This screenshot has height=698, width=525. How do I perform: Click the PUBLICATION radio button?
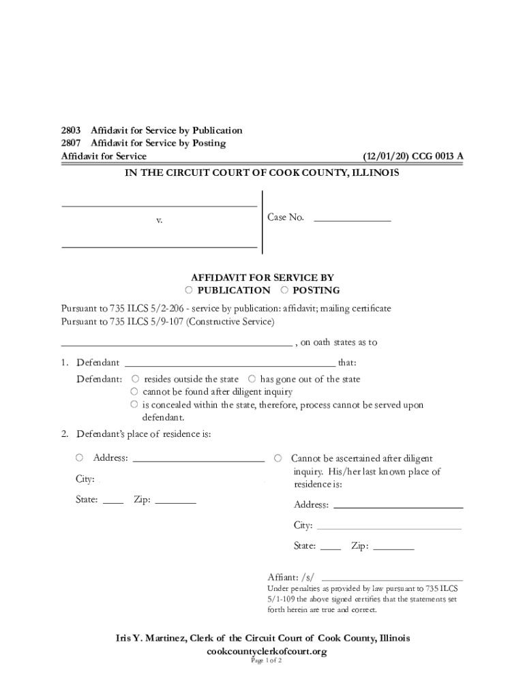tap(189, 290)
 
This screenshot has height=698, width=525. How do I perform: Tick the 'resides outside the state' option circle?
tap(135, 379)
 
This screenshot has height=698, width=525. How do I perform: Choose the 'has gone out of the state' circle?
tap(252, 379)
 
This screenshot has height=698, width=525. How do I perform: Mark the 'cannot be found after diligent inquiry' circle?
tap(135, 392)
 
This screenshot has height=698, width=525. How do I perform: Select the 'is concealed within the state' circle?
tap(135, 405)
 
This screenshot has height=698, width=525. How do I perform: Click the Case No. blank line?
tap(352, 219)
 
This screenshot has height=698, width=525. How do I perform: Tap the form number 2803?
tap(71, 130)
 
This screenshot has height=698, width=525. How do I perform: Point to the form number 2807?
tap(71, 143)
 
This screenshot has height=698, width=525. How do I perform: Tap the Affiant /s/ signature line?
tap(392, 577)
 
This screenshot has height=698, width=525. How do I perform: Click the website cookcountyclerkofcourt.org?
tap(267, 652)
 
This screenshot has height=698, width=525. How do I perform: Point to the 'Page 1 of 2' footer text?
tap(266, 661)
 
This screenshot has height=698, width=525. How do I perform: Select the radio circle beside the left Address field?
tap(80, 458)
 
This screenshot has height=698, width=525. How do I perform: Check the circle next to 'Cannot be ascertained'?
tap(277, 458)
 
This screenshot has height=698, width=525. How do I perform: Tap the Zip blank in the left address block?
tap(175, 501)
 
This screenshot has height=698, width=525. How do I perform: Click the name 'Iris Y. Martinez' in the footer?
tap(151, 639)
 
